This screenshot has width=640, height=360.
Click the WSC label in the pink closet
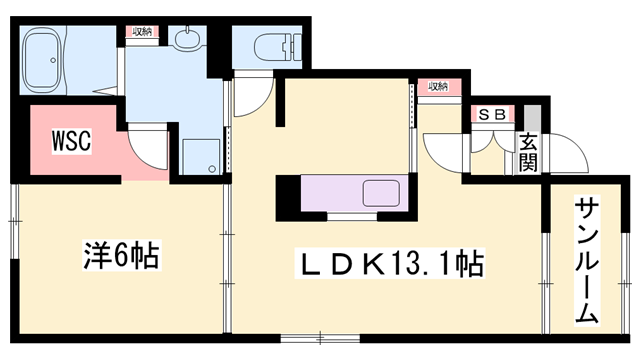[71, 140]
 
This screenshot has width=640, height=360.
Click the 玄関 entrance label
[528, 151]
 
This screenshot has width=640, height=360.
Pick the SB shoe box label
[490, 114]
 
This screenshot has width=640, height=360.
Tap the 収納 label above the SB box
[438, 87]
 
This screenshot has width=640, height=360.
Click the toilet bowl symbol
[274, 46]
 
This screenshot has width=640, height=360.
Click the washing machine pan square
[201, 156]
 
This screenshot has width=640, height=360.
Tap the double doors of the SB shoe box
[491, 144]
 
